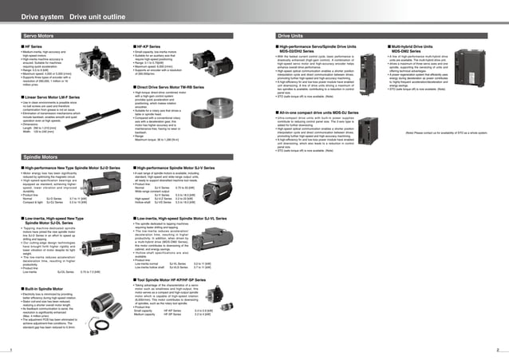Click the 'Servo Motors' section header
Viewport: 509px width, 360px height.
[38, 37]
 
